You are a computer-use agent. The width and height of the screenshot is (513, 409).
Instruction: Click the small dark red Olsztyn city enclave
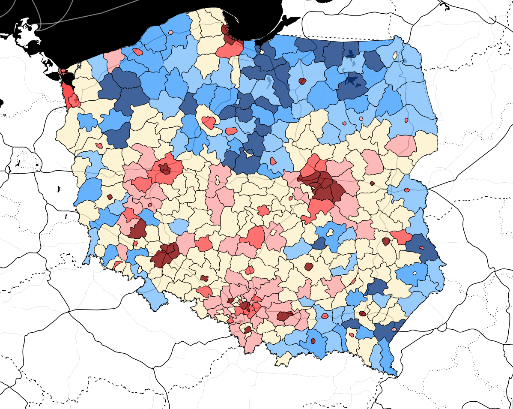[x=302, y=81]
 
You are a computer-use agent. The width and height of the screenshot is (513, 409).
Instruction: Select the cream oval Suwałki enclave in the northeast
[x=395, y=55]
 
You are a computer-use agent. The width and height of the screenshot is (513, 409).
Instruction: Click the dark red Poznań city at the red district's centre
[x=165, y=168]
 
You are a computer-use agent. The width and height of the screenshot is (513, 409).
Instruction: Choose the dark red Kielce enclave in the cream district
[x=309, y=267]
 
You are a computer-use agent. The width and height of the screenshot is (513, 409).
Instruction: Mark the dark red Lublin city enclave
[x=386, y=241]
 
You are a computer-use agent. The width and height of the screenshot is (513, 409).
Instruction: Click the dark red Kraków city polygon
[x=285, y=316]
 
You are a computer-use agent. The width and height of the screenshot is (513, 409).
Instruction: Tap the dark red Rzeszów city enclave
[x=362, y=313]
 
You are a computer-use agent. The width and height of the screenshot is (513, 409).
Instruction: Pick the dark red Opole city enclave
[x=204, y=278]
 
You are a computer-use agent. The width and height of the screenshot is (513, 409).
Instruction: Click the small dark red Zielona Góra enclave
[x=110, y=197]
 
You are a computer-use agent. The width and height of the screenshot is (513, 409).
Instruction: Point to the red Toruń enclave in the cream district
[x=231, y=130]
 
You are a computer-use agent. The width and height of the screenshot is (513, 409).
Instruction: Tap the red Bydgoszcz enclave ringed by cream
[x=209, y=123]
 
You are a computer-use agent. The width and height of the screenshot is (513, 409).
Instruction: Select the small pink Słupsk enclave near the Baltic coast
[x=171, y=32]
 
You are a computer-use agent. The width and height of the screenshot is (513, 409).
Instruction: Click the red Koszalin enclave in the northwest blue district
[x=138, y=52]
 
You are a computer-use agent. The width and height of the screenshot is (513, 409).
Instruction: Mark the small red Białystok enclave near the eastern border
[x=406, y=120]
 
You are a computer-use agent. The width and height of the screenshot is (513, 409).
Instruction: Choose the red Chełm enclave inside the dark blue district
[x=421, y=247]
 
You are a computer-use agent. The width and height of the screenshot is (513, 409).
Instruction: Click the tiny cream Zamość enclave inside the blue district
[x=414, y=273]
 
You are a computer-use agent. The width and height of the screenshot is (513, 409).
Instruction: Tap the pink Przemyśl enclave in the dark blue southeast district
[x=394, y=330]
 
